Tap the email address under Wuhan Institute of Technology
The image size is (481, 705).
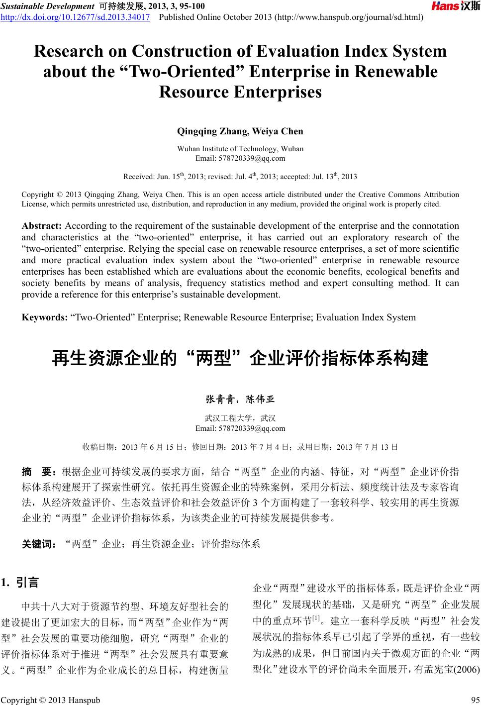click(240, 158)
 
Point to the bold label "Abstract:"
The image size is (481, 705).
click(42, 226)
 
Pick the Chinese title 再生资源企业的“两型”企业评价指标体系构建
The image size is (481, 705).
click(240, 358)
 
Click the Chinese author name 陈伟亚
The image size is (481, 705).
click(261, 399)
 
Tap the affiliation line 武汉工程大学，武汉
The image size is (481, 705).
click(240, 418)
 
